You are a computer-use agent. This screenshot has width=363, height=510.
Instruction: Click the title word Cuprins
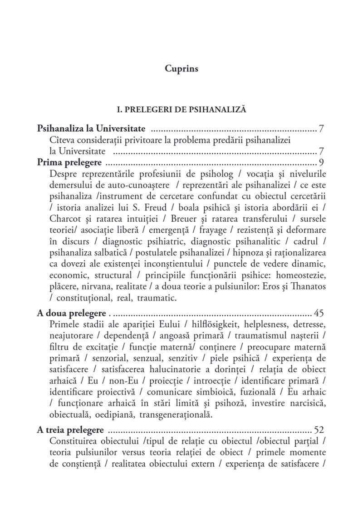(181, 70)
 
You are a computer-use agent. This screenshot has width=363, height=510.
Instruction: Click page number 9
(320, 163)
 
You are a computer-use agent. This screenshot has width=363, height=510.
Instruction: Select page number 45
(318, 313)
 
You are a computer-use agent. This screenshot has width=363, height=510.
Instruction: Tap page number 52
(318, 430)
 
